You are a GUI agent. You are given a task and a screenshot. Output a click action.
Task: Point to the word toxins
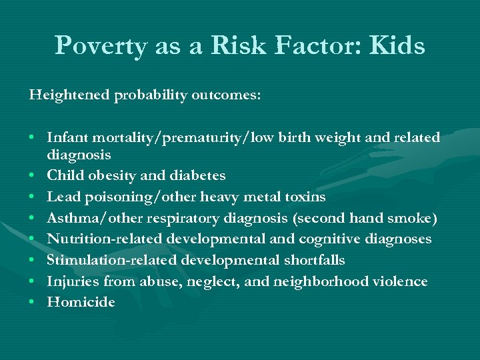click(x=303, y=197)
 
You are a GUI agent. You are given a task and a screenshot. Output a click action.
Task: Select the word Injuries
click(x=72, y=281)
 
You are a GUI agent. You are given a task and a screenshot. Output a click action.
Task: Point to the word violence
click(x=399, y=281)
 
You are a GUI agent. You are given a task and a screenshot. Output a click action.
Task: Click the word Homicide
click(x=81, y=303)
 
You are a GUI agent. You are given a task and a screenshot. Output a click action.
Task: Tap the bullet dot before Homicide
click(x=32, y=303)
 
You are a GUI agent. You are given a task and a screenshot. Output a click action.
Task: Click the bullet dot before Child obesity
click(x=32, y=175)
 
